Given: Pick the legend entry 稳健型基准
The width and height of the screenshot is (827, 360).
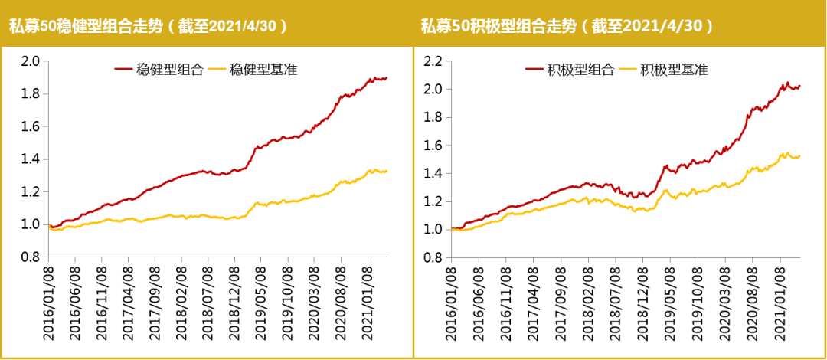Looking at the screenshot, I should pyautogui.click(x=263, y=70).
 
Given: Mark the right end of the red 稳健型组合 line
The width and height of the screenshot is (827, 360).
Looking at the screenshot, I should pyautogui.click(x=387, y=77).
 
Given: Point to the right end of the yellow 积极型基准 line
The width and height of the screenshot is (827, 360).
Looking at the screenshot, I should pyautogui.click(x=800, y=156).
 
